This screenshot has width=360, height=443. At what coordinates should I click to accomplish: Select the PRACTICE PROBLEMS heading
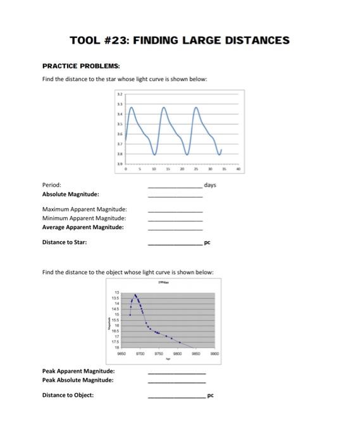80,66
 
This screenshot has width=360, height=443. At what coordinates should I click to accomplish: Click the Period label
51,185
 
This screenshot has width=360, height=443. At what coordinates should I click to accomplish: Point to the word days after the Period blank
210,185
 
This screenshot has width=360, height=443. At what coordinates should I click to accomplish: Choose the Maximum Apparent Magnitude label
84,209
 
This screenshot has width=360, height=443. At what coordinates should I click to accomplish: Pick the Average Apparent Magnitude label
83,227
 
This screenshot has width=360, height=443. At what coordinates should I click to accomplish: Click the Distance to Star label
65,242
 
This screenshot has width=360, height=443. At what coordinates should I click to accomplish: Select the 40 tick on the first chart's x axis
238,169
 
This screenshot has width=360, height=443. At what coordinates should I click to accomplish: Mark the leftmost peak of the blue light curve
132,108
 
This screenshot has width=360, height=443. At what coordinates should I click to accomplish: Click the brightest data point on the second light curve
135,295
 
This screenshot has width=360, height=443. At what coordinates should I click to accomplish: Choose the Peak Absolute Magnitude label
78,380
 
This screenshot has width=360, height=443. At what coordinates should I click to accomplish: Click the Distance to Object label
68,395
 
